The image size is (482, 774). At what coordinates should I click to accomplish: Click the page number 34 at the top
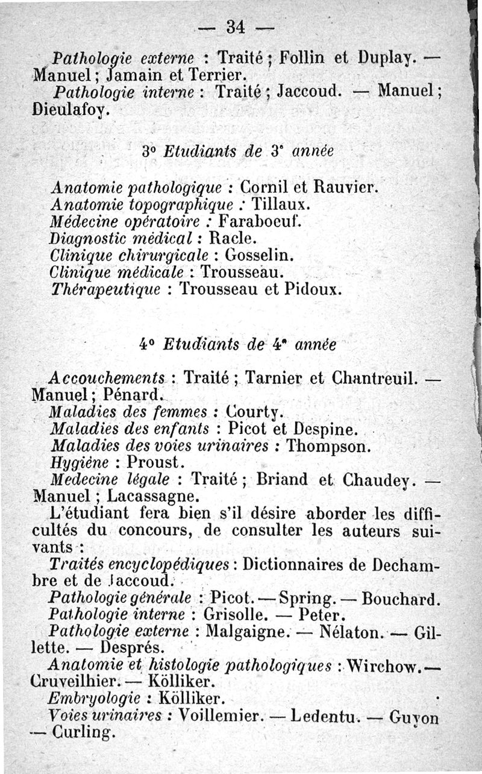coord(234,27)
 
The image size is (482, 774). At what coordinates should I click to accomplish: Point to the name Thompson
coord(328,447)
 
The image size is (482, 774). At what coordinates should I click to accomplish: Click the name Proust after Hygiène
coord(153,463)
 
